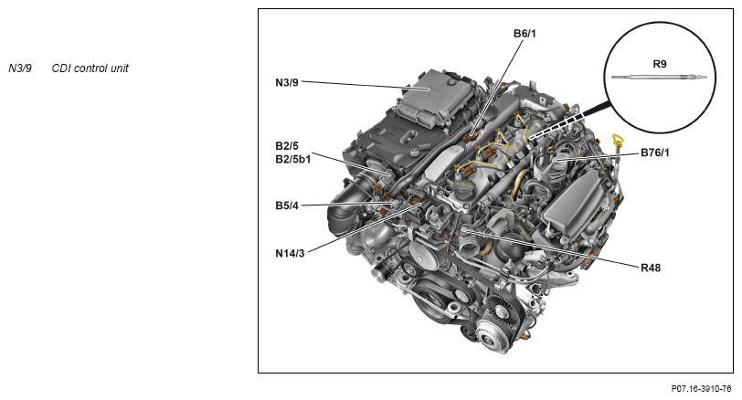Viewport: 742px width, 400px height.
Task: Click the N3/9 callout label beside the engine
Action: point(287,82)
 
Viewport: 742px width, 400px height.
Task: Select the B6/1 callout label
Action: point(525,34)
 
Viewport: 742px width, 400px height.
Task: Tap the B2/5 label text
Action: point(287,145)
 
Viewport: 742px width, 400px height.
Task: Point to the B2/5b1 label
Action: point(293,159)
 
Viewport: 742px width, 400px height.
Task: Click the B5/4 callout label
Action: point(287,205)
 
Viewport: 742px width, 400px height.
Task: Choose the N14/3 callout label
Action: point(290,254)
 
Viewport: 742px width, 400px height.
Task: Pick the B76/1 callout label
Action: point(655,153)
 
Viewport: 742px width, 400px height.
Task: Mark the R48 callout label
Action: point(651,268)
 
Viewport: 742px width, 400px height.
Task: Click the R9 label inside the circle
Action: point(660,64)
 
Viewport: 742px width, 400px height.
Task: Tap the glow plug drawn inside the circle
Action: point(659,77)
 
